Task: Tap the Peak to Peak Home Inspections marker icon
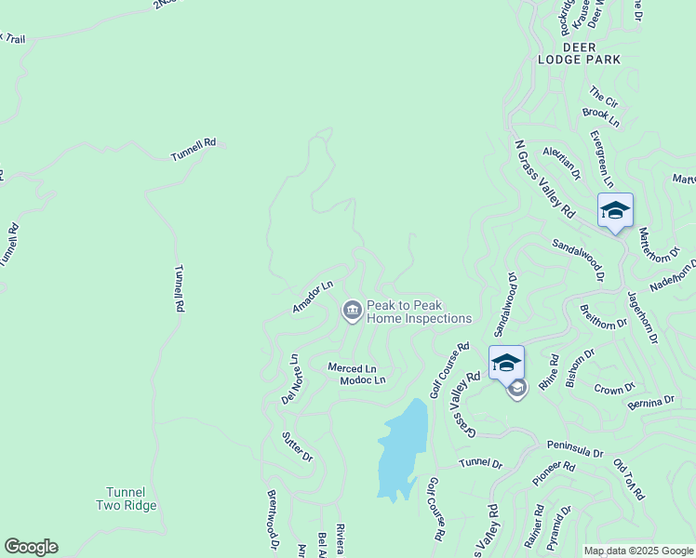[x=353, y=311]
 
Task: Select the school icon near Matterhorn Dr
[x=615, y=211]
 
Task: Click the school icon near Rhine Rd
[x=506, y=363]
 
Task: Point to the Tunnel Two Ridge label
[x=126, y=498]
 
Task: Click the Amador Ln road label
[x=313, y=297]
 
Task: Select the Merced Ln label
[x=352, y=368]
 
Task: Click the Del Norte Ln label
[x=290, y=379]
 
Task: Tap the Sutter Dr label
[x=297, y=448]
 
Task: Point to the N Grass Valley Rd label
[x=544, y=179]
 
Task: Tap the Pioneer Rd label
[x=555, y=472]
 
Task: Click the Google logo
[x=31, y=547]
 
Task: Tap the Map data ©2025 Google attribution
[x=637, y=551]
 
